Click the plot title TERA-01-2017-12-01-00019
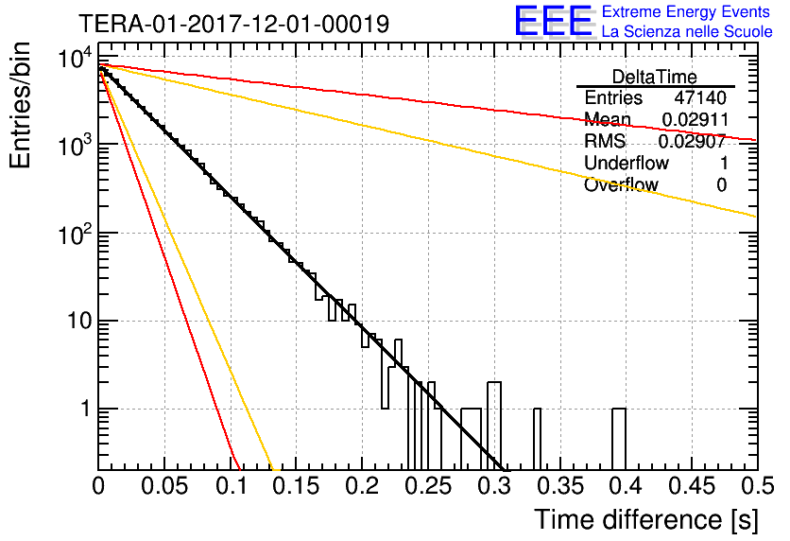pyautogui.click(x=234, y=24)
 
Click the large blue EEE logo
pyautogui.click(x=554, y=21)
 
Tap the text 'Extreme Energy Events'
pyautogui.click(x=686, y=11)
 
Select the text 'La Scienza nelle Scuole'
pyautogui.click(x=687, y=32)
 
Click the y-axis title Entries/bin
pyautogui.click(x=20, y=106)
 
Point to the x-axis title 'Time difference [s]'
pyautogui.click(x=646, y=519)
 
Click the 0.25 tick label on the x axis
pyautogui.click(x=429, y=486)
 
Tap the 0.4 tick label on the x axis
pyautogui.click(x=626, y=486)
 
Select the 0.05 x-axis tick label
pyautogui.click(x=164, y=486)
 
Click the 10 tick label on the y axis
pyautogui.click(x=80, y=322)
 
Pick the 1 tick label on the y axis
pyautogui.click(x=86, y=409)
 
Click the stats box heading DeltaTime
pyautogui.click(x=655, y=78)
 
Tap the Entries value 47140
pyautogui.click(x=701, y=97)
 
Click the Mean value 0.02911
pyautogui.click(x=696, y=119)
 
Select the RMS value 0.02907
pyautogui.click(x=693, y=141)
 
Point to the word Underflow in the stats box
pyautogui.click(x=627, y=163)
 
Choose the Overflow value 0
pyautogui.click(x=721, y=185)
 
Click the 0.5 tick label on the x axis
pyautogui.click(x=758, y=486)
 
